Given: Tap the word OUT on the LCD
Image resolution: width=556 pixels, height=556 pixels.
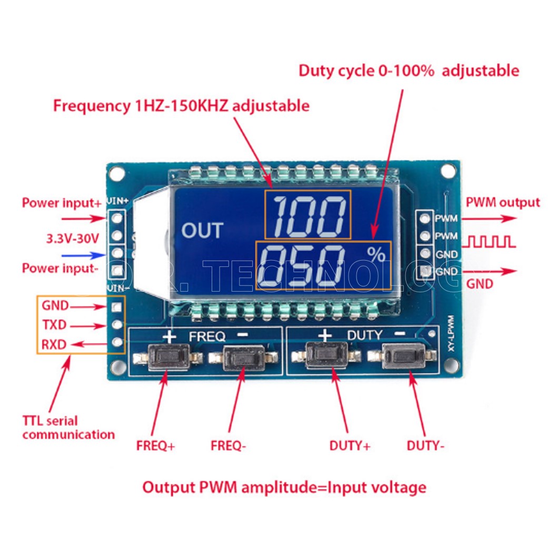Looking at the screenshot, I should (202, 231).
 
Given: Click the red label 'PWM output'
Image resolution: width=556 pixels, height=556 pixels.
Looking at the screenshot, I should (503, 202).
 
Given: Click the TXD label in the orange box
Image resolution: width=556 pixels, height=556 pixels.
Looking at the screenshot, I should (54, 325).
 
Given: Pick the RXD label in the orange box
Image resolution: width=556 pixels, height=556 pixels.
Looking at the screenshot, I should (54, 345).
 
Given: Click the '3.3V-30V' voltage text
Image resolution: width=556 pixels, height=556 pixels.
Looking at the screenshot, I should (73, 238).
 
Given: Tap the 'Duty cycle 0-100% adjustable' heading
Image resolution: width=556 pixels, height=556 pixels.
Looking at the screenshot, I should (409, 71).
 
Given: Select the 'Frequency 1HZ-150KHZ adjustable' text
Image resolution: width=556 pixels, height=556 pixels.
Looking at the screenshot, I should (181, 106).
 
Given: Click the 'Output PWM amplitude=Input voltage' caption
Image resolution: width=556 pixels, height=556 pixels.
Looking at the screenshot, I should (284, 487).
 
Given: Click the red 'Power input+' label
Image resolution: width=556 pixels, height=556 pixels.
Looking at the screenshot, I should (61, 203).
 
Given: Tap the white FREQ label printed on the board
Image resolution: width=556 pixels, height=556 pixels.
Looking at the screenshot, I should (207, 335).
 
